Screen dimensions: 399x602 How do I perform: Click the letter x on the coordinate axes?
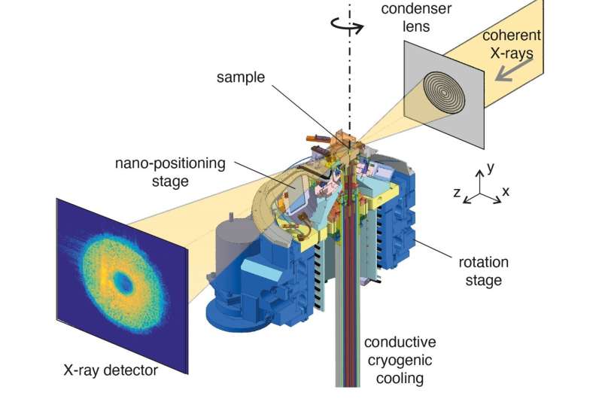(506, 191)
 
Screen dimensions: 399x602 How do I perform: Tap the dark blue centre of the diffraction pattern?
(121, 283)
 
